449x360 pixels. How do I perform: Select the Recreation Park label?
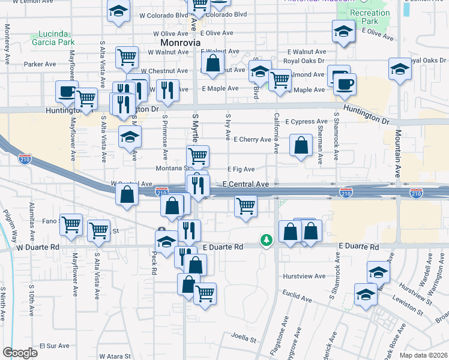point(370,17)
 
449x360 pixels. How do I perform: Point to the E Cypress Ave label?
point(306,122)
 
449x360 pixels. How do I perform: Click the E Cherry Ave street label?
point(252,140)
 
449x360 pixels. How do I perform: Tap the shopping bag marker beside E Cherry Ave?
point(301,146)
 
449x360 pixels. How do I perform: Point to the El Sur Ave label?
point(55,346)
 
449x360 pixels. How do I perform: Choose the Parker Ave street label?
point(40,64)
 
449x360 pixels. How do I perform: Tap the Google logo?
point(20,353)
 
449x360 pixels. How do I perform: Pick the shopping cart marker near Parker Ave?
point(127,58)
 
